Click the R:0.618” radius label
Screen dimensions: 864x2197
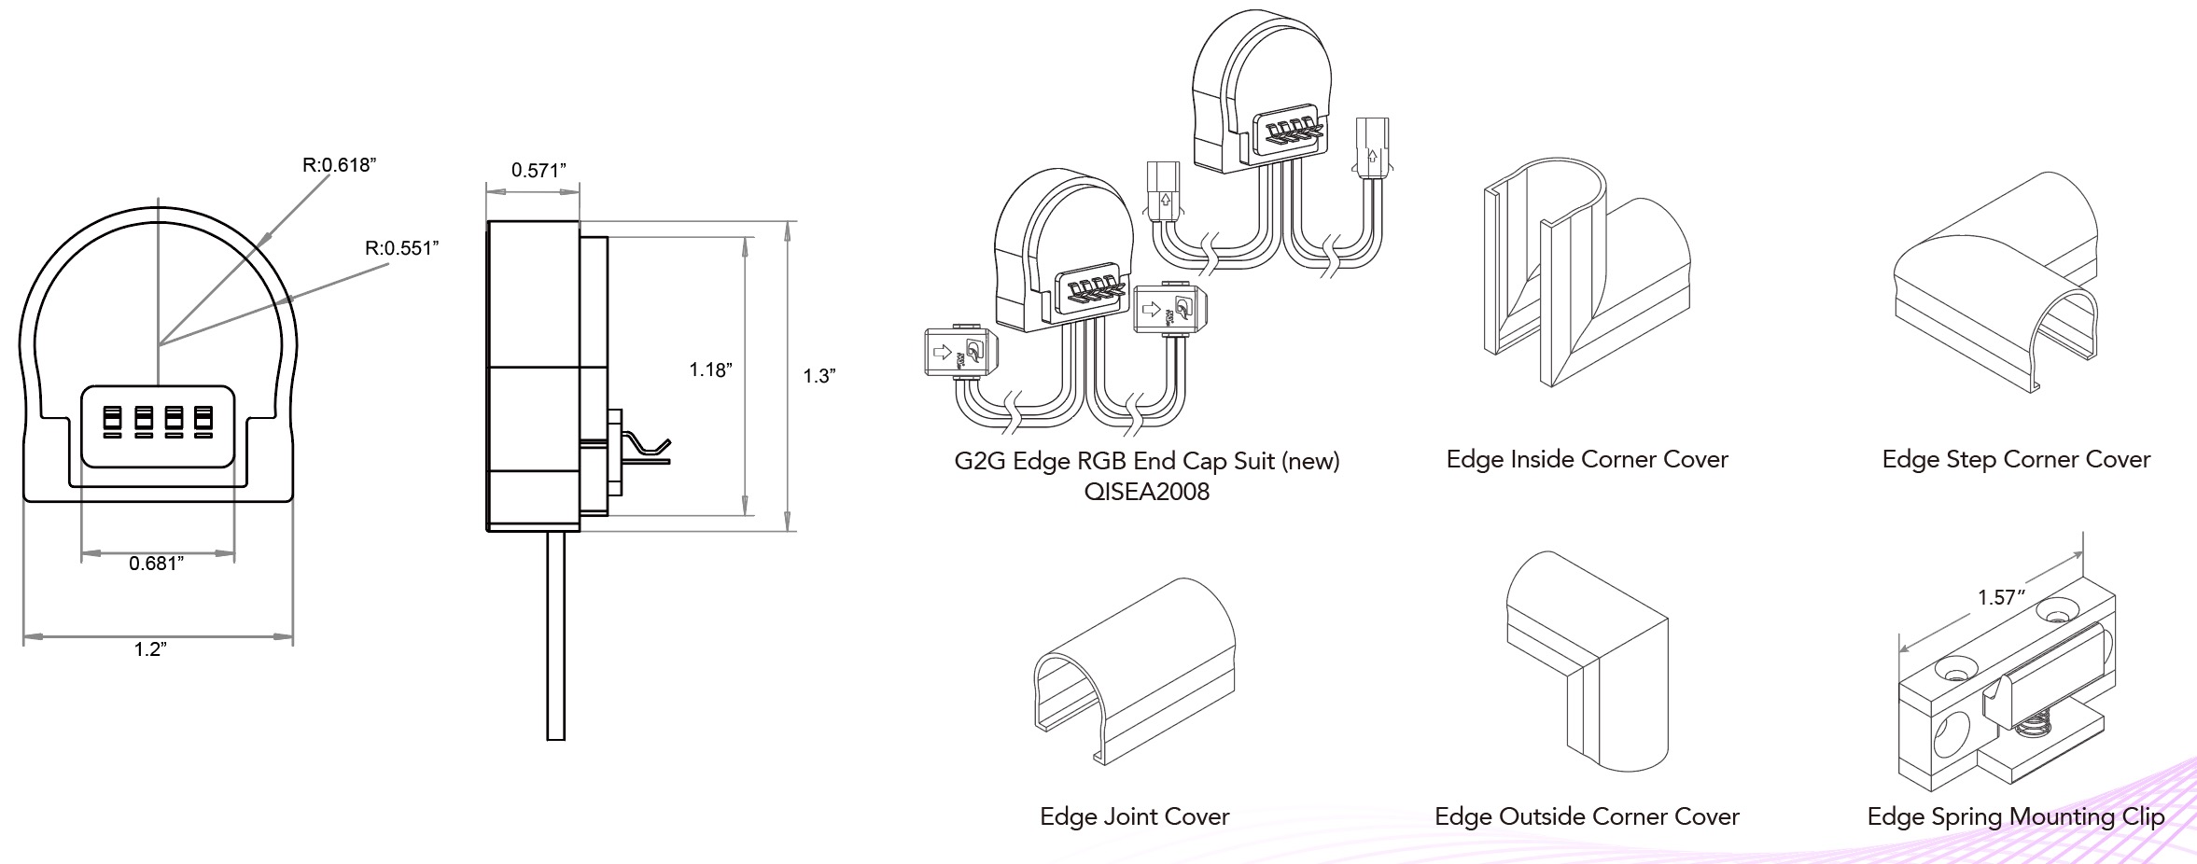339,165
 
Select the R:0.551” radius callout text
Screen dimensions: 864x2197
401,248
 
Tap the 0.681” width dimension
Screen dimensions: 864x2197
156,564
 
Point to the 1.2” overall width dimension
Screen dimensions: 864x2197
150,649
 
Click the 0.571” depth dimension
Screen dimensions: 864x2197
539,171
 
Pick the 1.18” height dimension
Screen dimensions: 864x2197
710,370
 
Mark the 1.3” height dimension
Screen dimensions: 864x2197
819,376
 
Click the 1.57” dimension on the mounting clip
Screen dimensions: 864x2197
2001,597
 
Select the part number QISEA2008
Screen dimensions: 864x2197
1146,492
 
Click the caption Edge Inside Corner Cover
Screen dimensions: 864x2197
1587,459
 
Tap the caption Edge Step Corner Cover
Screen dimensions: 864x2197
2016,459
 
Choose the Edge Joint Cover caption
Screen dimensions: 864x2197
1134,816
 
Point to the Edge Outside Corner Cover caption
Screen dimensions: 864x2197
1587,816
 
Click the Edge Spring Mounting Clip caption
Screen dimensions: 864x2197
2015,816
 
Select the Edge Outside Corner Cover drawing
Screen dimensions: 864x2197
1587,662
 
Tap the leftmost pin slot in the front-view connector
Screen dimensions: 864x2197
113,421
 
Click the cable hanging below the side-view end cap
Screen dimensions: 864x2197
556,634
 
